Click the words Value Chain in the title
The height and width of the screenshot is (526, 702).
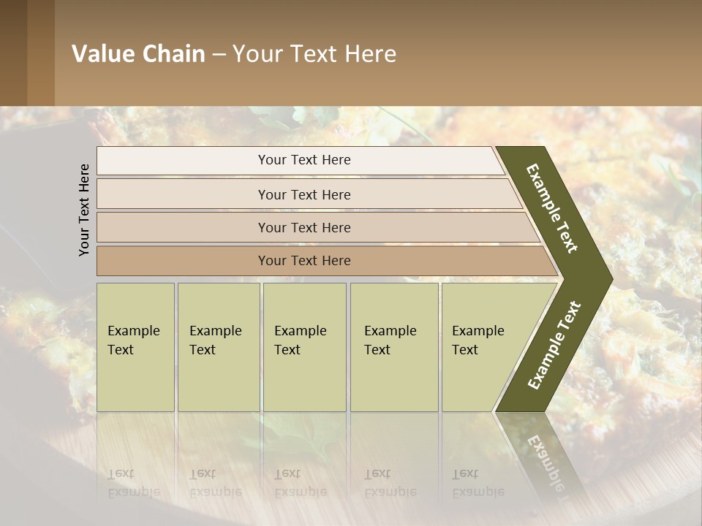[138, 54]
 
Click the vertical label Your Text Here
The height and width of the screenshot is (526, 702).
[85, 210]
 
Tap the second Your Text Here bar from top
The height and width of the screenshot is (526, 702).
[304, 194]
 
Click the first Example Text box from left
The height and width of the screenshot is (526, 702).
[135, 347]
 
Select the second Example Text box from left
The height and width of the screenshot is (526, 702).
[219, 347]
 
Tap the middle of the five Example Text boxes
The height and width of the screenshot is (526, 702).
[304, 347]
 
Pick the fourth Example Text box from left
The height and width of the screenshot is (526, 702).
[394, 347]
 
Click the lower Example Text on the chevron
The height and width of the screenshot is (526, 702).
[554, 345]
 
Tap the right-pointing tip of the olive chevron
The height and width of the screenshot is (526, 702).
[608, 278]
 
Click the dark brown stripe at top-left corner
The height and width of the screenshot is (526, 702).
[13, 53]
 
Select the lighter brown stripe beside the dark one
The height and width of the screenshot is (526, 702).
[41, 53]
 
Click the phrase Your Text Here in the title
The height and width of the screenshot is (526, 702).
[314, 54]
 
